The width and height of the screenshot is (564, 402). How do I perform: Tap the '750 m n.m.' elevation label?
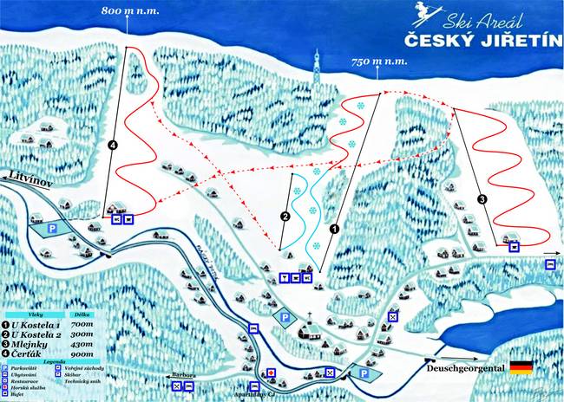point(380,62)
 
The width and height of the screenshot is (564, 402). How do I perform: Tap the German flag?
point(521,367)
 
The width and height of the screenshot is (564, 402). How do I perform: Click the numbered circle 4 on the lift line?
point(113,146)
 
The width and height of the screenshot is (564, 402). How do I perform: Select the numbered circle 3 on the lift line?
point(482,199)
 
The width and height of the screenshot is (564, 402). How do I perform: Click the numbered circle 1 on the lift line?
point(333,230)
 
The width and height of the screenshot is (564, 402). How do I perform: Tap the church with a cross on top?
point(307,327)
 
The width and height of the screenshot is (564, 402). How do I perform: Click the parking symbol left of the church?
point(283,319)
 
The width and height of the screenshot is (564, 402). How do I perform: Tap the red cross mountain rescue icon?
point(272,373)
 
